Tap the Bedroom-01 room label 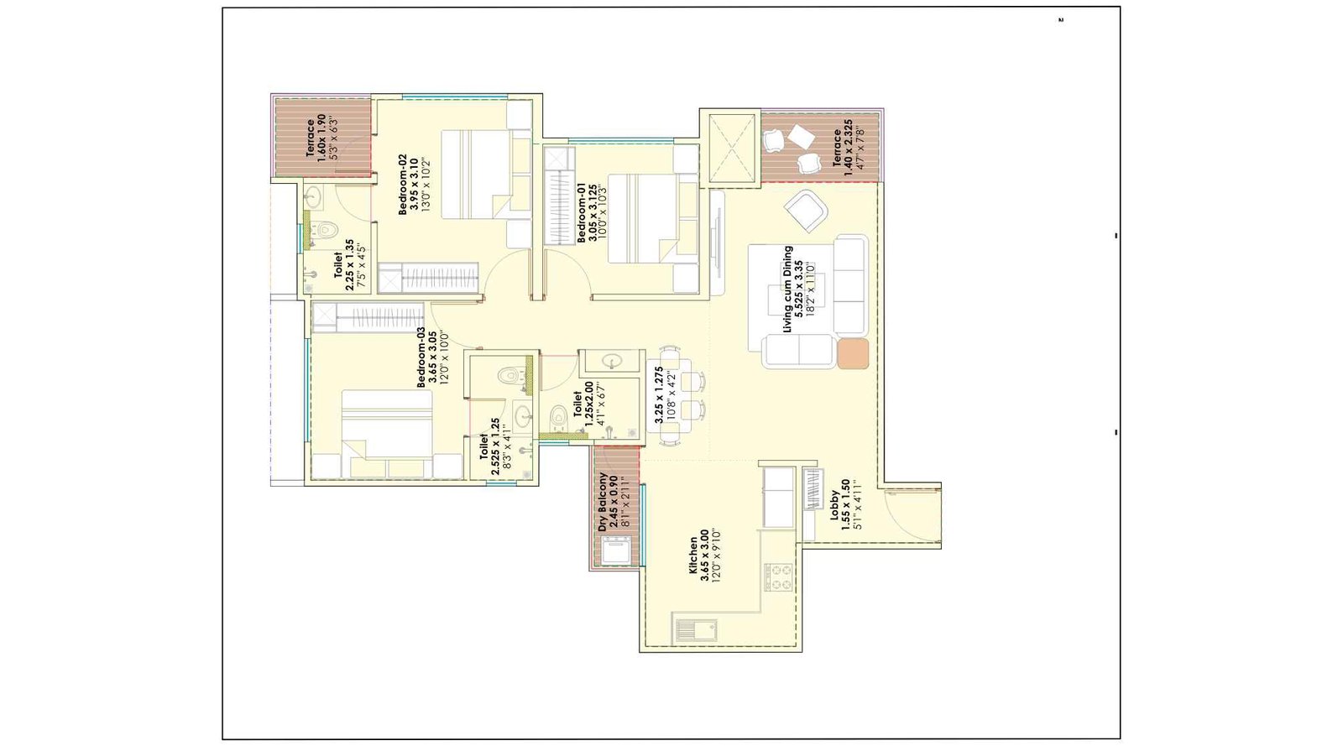click(x=593, y=213)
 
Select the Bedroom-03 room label click(x=432, y=357)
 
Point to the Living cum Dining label click(x=798, y=289)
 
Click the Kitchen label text click(x=705, y=556)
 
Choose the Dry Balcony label click(x=614, y=502)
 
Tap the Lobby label click(x=845, y=505)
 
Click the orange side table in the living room click(x=852, y=353)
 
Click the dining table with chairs click(x=675, y=394)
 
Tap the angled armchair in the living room click(x=807, y=210)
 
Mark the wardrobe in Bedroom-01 click(x=559, y=196)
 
